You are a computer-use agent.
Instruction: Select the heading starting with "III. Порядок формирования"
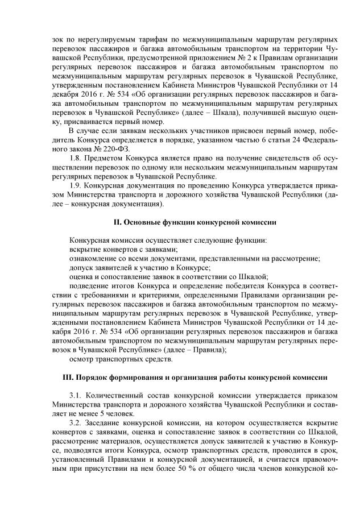pos(181,377)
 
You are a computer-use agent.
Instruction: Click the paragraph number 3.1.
pos(74,395)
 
